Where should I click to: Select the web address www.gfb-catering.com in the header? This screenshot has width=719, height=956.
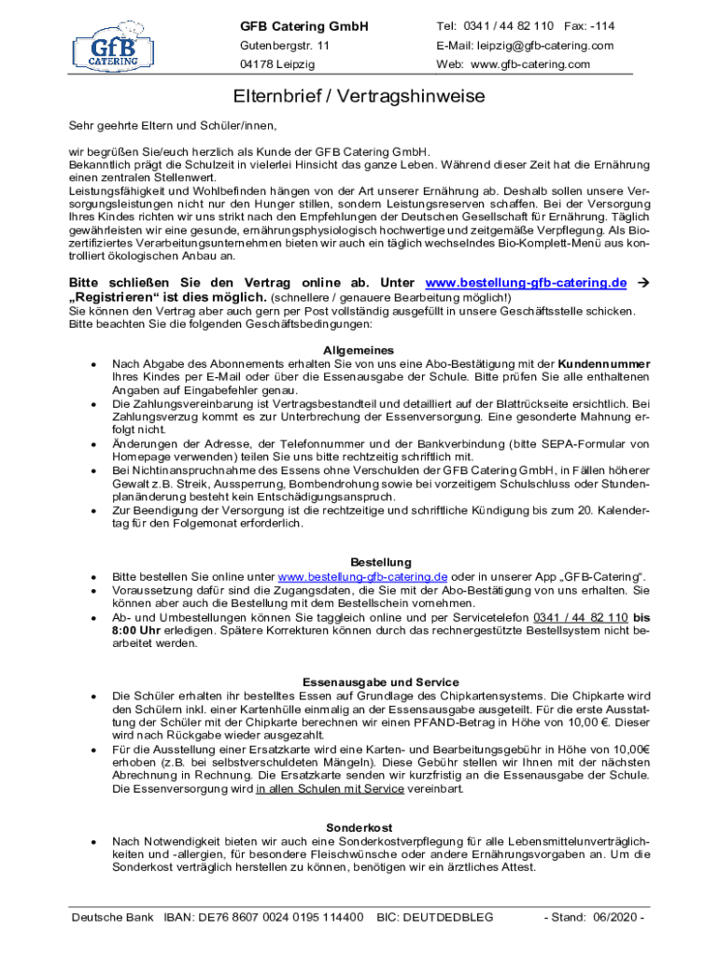(531, 64)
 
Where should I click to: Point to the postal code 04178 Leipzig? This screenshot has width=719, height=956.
(277, 64)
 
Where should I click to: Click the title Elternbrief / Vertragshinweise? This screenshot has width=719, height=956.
(359, 97)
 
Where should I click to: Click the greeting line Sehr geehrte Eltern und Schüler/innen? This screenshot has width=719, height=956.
(173, 125)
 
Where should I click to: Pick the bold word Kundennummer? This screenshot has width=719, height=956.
(604, 362)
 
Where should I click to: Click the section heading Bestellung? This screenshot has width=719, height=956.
(381, 562)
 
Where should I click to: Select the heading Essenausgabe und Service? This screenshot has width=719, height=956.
(381, 682)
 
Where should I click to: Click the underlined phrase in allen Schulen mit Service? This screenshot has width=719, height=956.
(330, 789)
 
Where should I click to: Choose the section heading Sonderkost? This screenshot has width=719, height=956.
(359, 827)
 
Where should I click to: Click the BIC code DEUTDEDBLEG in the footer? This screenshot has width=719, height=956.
(435, 918)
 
